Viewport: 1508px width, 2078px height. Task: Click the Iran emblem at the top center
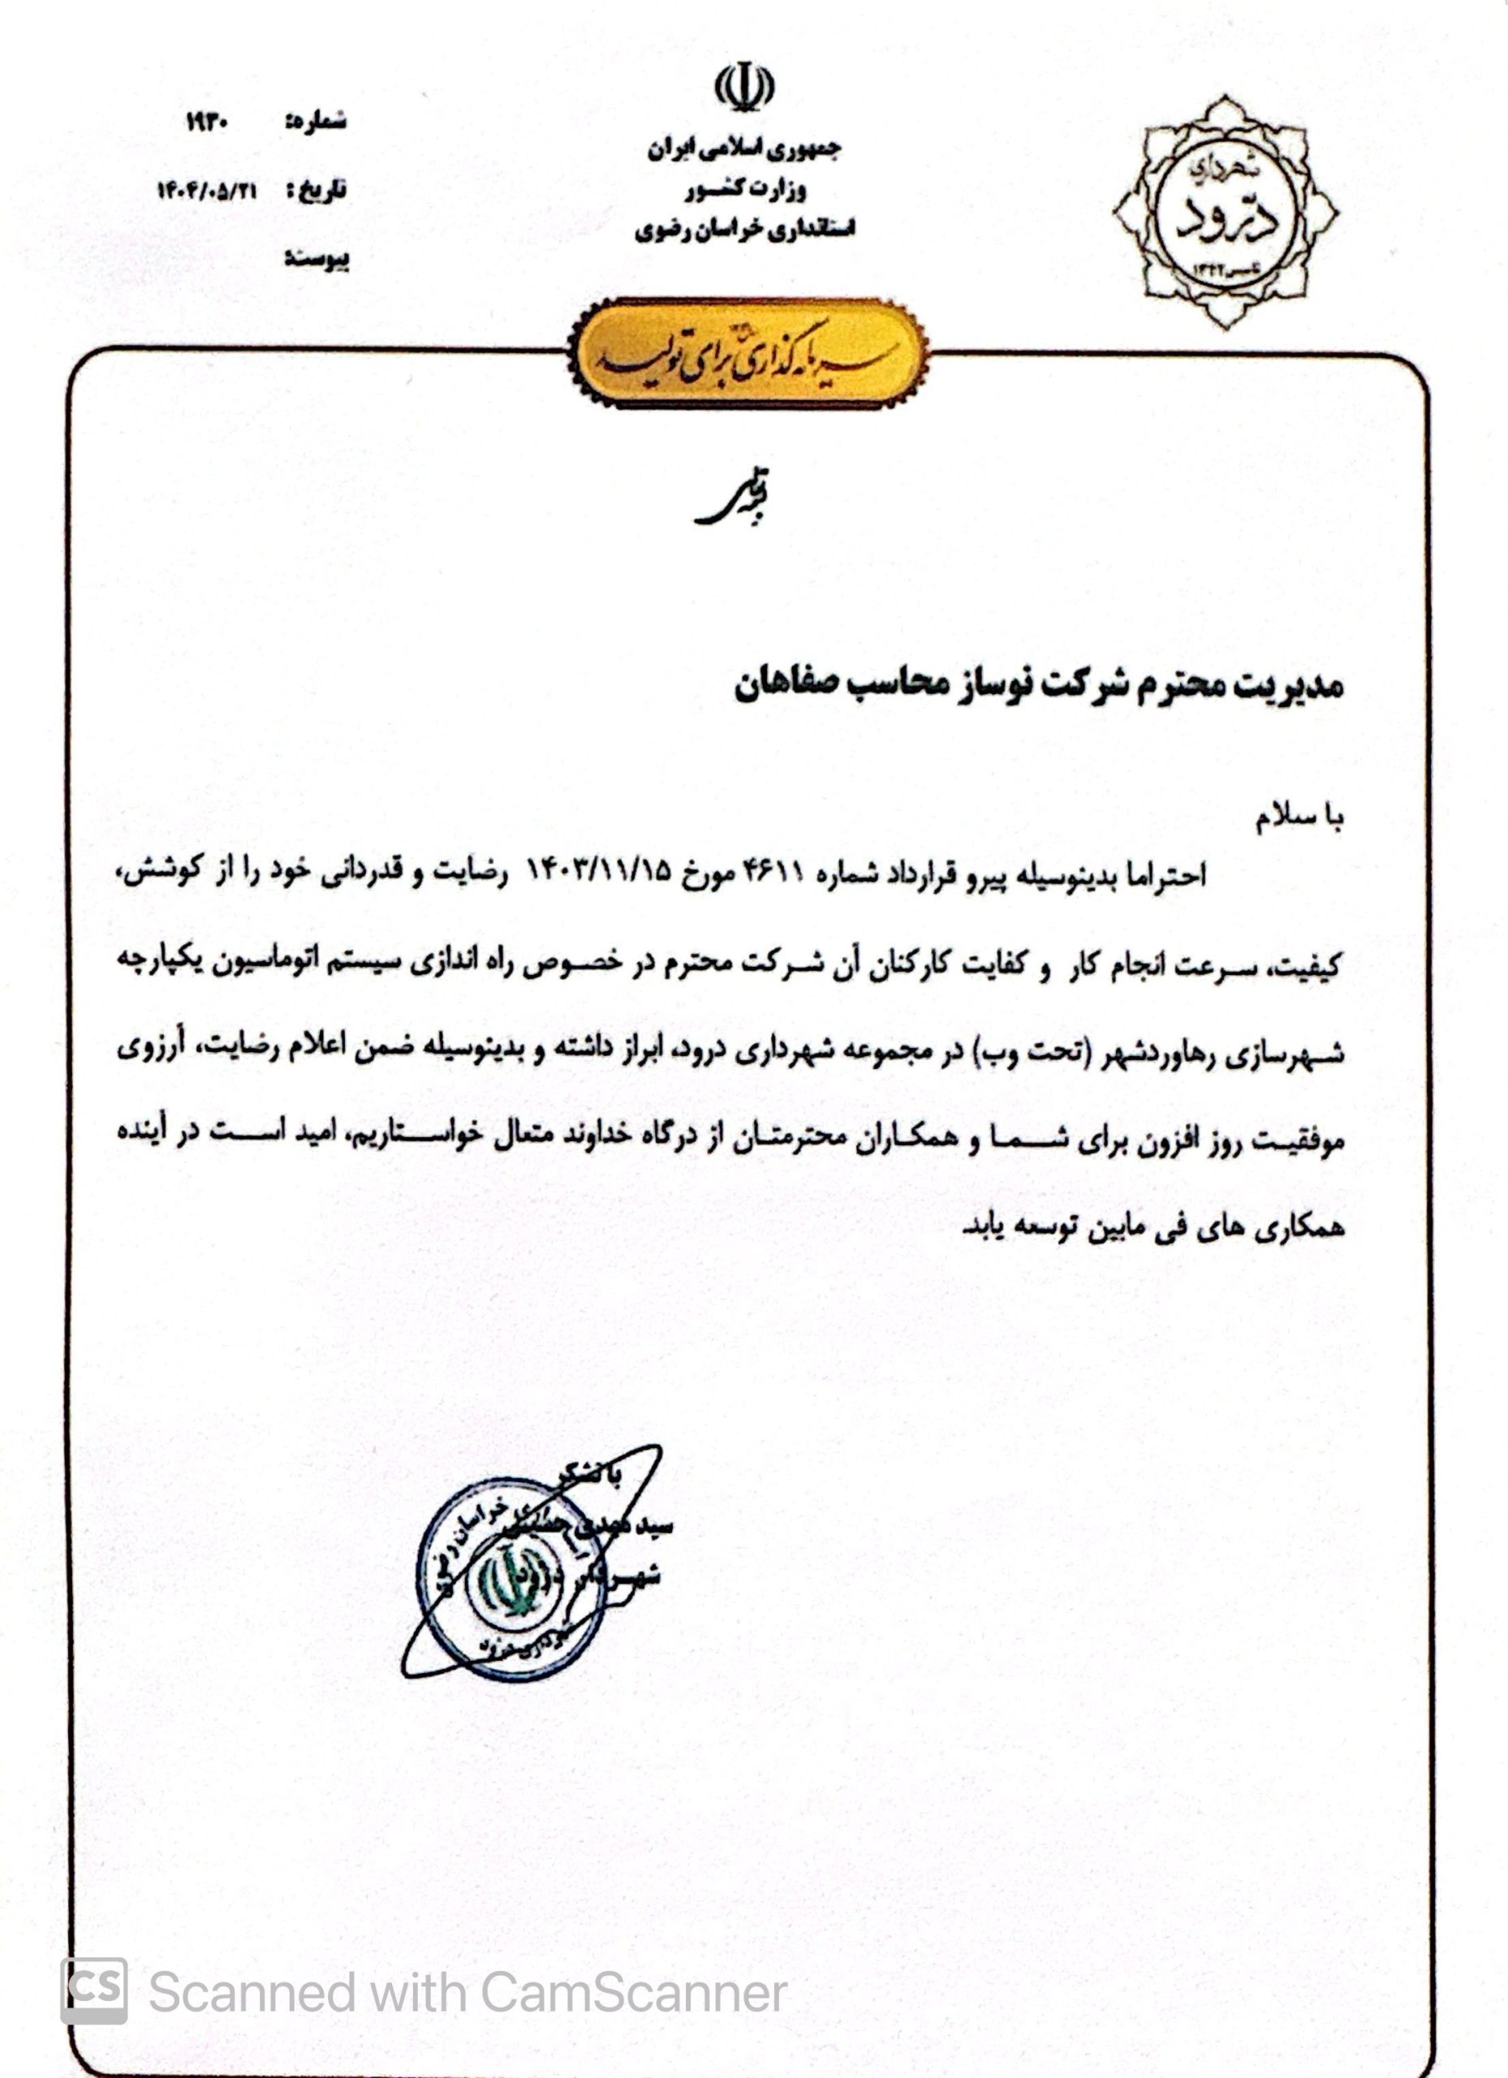[744, 87]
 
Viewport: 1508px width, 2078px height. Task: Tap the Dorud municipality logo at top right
[1225, 212]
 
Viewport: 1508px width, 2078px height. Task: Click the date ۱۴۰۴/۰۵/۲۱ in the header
[207, 191]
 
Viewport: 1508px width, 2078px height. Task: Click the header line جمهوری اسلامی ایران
[744, 150]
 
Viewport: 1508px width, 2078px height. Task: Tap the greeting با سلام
[1299, 818]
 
